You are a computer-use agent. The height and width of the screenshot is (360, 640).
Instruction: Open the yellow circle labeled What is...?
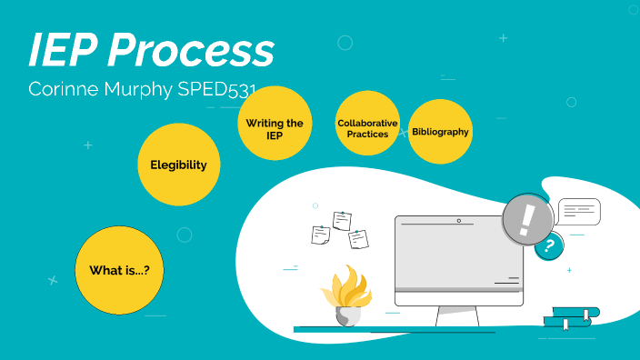[x=119, y=270]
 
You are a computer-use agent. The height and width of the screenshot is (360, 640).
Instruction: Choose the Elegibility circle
[x=179, y=165]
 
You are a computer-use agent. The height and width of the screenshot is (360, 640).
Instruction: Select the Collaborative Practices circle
[x=367, y=128]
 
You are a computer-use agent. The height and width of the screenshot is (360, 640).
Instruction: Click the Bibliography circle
[x=440, y=132]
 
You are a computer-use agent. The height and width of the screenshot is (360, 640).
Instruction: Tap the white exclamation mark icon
[x=526, y=219]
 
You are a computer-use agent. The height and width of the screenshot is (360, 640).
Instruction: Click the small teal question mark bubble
[x=548, y=245]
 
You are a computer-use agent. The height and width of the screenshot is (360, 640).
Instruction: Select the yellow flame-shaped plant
[x=346, y=285]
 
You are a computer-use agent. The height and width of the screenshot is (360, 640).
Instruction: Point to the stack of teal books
[x=571, y=317]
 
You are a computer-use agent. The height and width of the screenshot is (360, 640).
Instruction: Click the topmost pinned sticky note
[x=342, y=220]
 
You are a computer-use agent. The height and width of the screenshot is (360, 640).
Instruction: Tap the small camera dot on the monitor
[x=458, y=221]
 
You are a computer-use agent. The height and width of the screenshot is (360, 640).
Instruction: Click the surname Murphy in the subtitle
[x=135, y=92]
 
